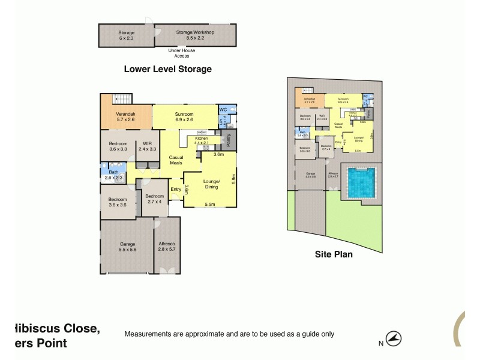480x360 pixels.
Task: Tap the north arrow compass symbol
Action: tap(394, 339)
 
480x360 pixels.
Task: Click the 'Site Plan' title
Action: tap(334, 254)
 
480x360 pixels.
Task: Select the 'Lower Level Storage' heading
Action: tap(167, 69)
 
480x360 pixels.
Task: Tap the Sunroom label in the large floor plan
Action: tap(184, 116)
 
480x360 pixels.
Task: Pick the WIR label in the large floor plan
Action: tap(148, 146)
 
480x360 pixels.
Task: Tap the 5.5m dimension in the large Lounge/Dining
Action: tap(210, 204)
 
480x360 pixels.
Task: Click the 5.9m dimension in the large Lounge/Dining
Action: tap(233, 179)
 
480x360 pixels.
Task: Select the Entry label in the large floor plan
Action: tap(176, 190)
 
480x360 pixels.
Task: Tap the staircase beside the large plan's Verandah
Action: tap(124, 99)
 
